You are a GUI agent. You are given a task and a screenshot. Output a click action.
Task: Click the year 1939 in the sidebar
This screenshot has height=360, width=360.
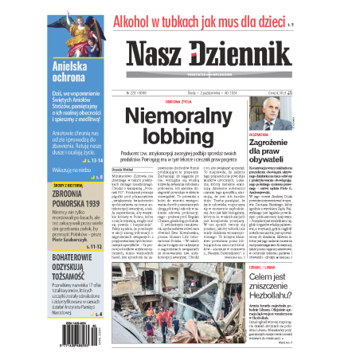tap(92, 204)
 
